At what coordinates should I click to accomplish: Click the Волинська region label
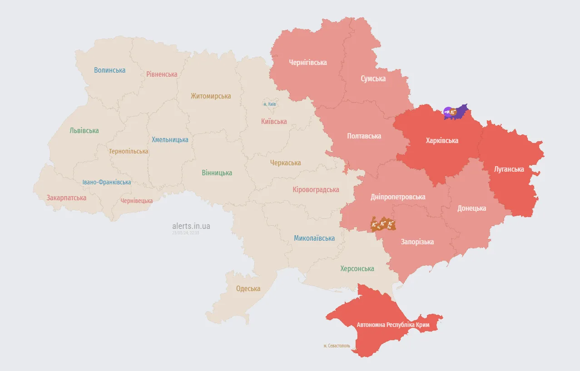pos(109,70)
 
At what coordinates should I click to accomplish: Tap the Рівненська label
pos(162,74)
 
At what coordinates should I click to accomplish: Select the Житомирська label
pos(211,96)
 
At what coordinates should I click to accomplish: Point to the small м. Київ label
pos(269,104)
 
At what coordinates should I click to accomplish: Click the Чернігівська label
pos(307,62)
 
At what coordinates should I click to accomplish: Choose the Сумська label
pos(373,79)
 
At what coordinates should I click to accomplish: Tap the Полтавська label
pos(364,136)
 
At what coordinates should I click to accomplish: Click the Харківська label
pos(442,140)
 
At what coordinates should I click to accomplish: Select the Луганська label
pos(509,169)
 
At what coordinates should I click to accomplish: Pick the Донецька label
pos(471,208)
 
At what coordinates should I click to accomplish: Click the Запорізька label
pos(417,242)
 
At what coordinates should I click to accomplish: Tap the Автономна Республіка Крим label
pos(393,325)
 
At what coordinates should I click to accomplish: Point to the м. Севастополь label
pos(337,346)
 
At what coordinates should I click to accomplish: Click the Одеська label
pos(248,288)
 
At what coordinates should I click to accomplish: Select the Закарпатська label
pos(66,198)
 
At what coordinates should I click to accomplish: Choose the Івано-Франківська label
pos(107,182)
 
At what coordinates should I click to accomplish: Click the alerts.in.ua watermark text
pos(191,226)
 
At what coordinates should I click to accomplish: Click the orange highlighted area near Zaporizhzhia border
pos(383,224)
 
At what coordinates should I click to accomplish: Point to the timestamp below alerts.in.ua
pos(185,232)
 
